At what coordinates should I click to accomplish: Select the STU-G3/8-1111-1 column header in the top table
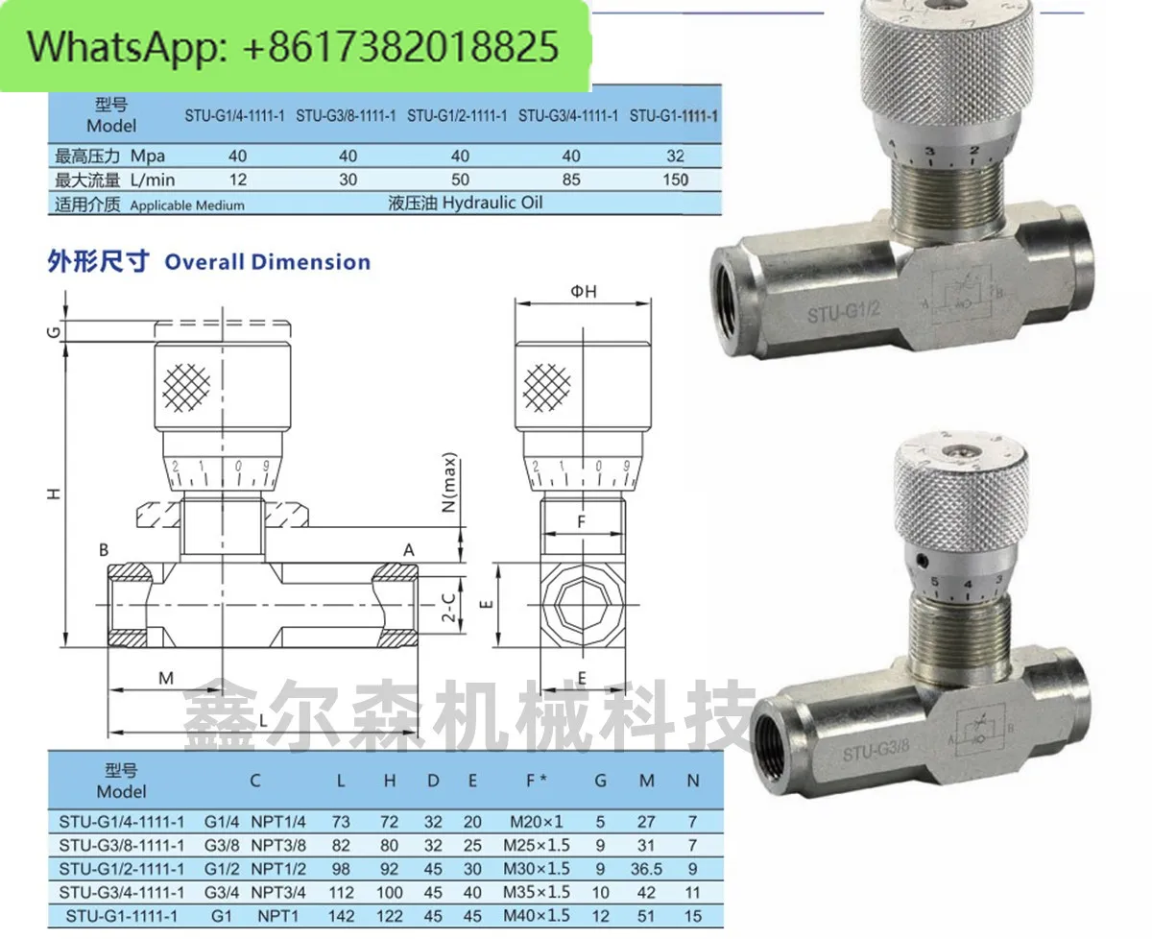[x=346, y=116]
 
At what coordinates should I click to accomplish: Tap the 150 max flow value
[x=676, y=180]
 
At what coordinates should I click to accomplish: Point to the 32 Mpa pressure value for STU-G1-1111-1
[x=676, y=156]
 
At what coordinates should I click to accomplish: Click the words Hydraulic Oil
[x=492, y=203]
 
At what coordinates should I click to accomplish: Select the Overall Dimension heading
[x=268, y=262]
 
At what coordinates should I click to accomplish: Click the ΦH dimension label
[x=584, y=292]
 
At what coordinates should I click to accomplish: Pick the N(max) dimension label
[x=449, y=483]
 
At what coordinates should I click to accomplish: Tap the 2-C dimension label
[x=449, y=607]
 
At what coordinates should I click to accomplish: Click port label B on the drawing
[x=104, y=551]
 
